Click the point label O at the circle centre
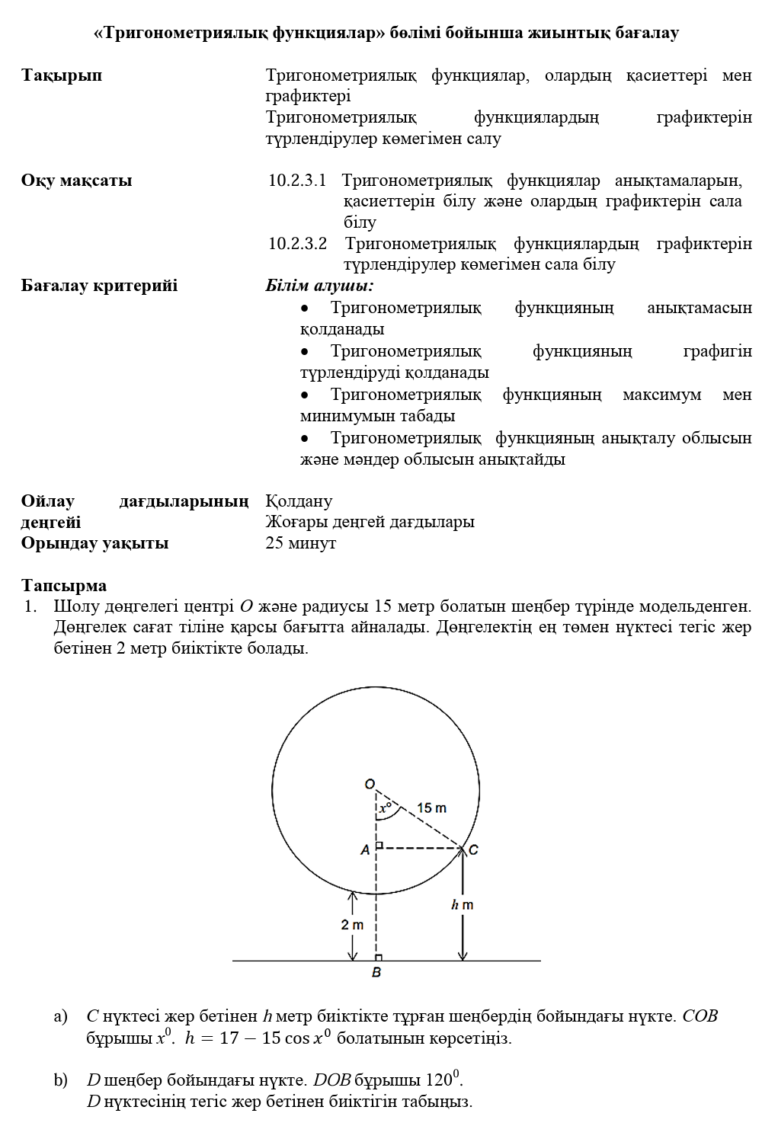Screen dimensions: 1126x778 [370, 784]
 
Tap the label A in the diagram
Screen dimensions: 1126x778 [365, 849]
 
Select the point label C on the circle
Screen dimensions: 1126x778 [473, 850]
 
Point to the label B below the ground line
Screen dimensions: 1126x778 [376, 973]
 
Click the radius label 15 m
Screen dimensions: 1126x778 [432, 808]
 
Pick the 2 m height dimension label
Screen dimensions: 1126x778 [352, 925]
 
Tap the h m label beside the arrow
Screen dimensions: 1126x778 [462, 905]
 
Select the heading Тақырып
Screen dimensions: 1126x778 [62, 75]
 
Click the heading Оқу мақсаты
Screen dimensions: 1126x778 [76, 181]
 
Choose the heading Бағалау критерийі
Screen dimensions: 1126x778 [99, 286]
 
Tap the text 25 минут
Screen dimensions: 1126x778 [300, 543]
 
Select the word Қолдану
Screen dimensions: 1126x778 [299, 501]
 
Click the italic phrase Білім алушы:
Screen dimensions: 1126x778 [319, 286]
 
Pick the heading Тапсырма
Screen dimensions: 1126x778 [64, 586]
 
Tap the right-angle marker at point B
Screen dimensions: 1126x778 [379, 958]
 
